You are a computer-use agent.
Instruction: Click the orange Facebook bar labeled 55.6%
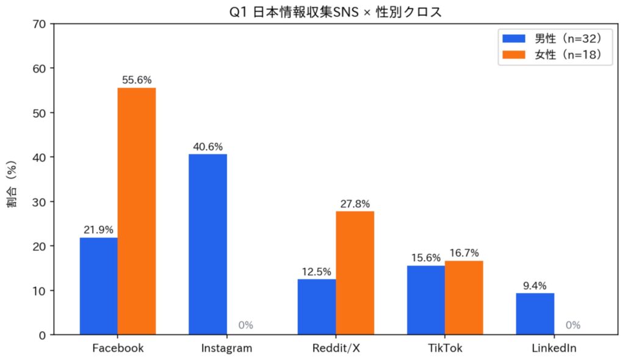(137, 211)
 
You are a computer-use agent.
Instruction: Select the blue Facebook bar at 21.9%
(99, 286)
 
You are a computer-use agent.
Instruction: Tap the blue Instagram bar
(208, 244)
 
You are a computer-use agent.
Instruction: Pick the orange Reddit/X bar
(355, 273)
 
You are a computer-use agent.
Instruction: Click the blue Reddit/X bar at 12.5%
(317, 307)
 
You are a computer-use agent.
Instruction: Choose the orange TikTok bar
(464, 298)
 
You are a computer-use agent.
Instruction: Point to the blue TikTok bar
(426, 300)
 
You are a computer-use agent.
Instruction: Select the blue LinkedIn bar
(535, 314)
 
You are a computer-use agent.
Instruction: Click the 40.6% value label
(208, 146)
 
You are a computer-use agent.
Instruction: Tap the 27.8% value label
(355, 204)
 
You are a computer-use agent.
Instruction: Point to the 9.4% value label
(535, 286)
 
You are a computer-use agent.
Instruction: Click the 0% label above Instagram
(245, 325)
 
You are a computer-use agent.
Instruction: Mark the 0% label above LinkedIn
(573, 325)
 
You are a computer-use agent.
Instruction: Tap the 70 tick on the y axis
(39, 24)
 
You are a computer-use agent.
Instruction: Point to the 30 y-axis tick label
(39, 202)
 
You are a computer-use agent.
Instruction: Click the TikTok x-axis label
(445, 348)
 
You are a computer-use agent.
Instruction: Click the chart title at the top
(332, 11)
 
